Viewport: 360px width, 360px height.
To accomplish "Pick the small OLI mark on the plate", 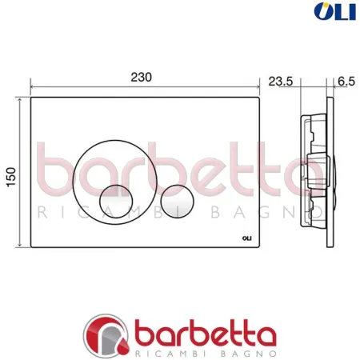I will pyautogui.click(x=246, y=238).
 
